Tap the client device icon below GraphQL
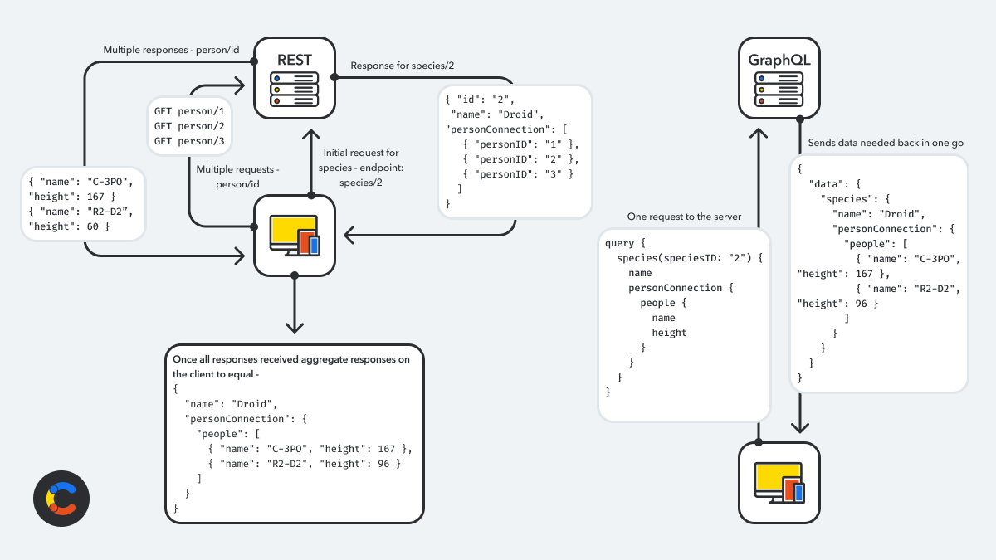coord(779,482)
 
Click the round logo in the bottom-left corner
coord(61,500)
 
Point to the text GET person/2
coord(189,125)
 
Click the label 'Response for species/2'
coord(402,66)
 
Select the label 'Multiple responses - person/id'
coord(171,50)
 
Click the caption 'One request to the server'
coord(684,217)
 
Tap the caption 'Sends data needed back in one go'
coord(886,143)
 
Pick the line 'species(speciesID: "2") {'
coord(683,258)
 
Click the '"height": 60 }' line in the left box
coord(69,226)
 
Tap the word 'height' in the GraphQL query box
coord(669,333)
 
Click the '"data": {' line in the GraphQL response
coord(837,183)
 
